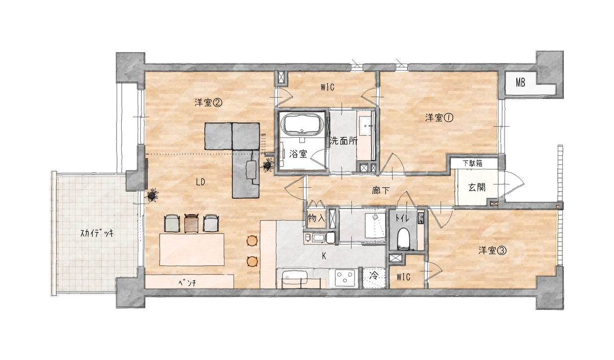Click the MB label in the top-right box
pyautogui.click(x=520, y=82)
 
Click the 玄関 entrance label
pyautogui.click(x=477, y=187)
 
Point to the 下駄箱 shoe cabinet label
pyautogui.click(x=473, y=164)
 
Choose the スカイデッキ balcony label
pyautogui.click(x=97, y=233)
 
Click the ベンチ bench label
pyautogui.click(x=187, y=282)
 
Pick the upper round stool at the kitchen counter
pyautogui.click(x=252, y=241)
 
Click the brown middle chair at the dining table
pyautogui.click(x=191, y=223)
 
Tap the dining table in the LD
pyautogui.click(x=192, y=249)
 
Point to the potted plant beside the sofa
pyautogui.click(x=267, y=165)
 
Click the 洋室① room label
pyautogui.click(x=439, y=118)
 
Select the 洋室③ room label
pyautogui.click(x=492, y=251)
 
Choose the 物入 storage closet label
pyautogui.click(x=316, y=218)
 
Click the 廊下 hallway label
pyautogui.click(x=381, y=190)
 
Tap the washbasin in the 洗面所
pyautogui.click(x=366, y=126)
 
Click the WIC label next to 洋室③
pyautogui.click(x=404, y=277)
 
